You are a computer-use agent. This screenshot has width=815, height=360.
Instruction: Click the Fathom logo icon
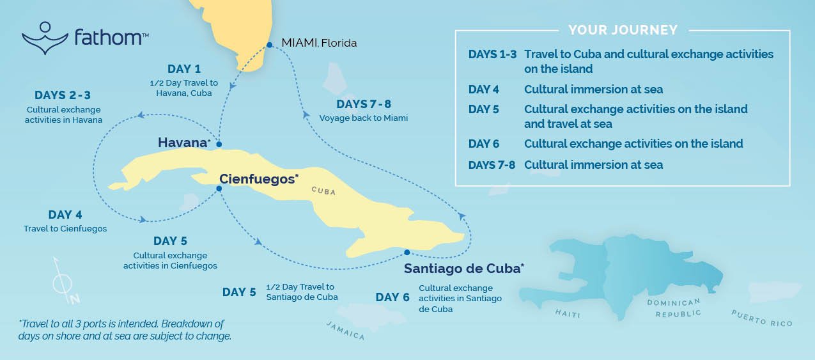tap(45, 38)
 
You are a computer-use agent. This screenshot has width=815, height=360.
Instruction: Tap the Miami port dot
tap(270, 45)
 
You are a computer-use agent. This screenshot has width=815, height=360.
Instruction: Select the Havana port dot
tap(219, 145)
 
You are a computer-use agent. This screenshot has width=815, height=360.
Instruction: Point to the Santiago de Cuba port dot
tap(407, 252)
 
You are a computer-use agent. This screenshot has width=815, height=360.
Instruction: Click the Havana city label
tap(183, 143)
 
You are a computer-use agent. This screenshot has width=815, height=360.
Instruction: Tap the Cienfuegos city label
tap(258, 179)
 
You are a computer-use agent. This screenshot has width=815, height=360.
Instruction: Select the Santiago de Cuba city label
tap(463, 269)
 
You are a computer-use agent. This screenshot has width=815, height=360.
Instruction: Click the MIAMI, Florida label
tap(319, 43)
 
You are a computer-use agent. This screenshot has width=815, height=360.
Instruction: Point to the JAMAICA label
tap(345, 331)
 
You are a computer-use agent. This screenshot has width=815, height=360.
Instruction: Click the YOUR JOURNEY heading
tap(623, 30)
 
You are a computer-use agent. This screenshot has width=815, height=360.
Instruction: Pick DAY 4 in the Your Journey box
tap(484, 90)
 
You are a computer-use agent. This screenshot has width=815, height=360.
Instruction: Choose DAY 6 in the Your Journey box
tap(484, 144)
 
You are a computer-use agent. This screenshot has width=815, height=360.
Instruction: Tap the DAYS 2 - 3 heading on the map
tap(63, 95)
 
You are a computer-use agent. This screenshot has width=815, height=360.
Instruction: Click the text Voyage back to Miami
tap(363, 118)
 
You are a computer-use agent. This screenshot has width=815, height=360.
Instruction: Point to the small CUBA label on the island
tap(323, 191)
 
